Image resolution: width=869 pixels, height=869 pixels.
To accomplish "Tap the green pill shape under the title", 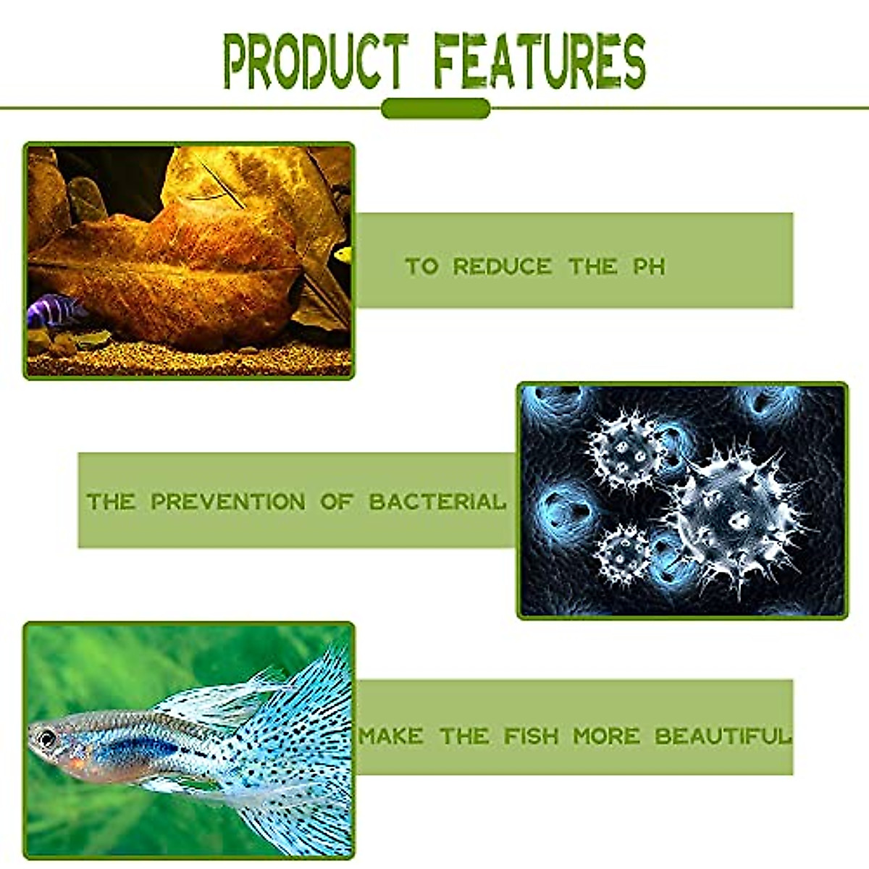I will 435,109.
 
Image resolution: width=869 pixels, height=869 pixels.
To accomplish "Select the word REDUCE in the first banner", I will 502,266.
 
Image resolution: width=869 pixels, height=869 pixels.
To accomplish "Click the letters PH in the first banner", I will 649,266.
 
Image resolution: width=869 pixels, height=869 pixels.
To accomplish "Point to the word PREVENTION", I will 228,501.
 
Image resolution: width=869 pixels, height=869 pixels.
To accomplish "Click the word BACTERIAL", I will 437,501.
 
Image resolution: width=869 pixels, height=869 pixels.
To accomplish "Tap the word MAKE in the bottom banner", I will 391,736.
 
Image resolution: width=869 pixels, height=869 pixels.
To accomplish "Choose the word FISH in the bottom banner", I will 532,736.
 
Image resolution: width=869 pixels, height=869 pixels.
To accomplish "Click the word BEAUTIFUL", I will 722,736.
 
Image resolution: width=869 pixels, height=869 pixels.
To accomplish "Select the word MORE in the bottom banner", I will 606,736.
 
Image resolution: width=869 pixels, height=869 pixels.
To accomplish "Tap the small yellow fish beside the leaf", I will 343,254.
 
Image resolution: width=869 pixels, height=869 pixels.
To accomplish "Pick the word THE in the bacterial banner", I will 110,501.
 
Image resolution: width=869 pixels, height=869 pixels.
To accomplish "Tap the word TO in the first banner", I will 421,266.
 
